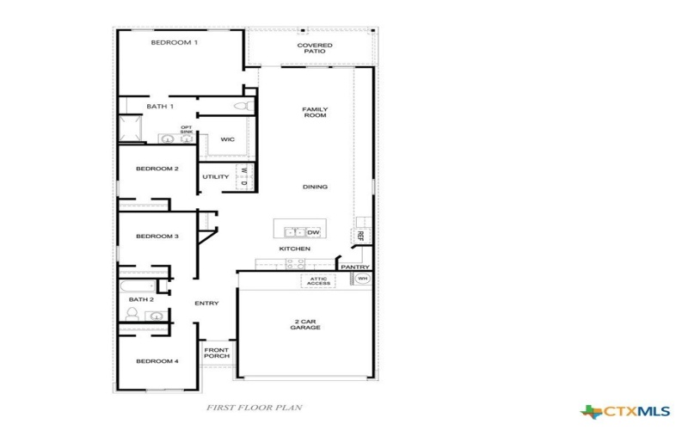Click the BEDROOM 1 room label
pyautogui.click(x=175, y=42)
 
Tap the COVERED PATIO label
pyautogui.click(x=315, y=48)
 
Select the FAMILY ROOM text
pyautogui.click(x=315, y=113)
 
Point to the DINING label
pyautogui.click(x=315, y=187)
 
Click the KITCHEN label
pyautogui.click(x=294, y=249)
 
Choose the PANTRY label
pyautogui.click(x=354, y=267)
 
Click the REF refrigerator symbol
pyautogui.click(x=361, y=235)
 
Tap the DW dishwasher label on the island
pyautogui.click(x=313, y=231)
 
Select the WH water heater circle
pyautogui.click(x=362, y=279)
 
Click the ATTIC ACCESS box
pyautogui.click(x=318, y=281)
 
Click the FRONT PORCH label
pyautogui.click(x=216, y=353)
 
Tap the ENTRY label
pyautogui.click(x=206, y=303)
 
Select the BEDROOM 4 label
pyautogui.click(x=157, y=361)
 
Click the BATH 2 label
pyautogui.click(x=141, y=299)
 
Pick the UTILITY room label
pyautogui.click(x=216, y=177)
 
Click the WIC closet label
pyautogui.click(x=227, y=138)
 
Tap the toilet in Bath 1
pyautogui.click(x=243, y=106)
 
